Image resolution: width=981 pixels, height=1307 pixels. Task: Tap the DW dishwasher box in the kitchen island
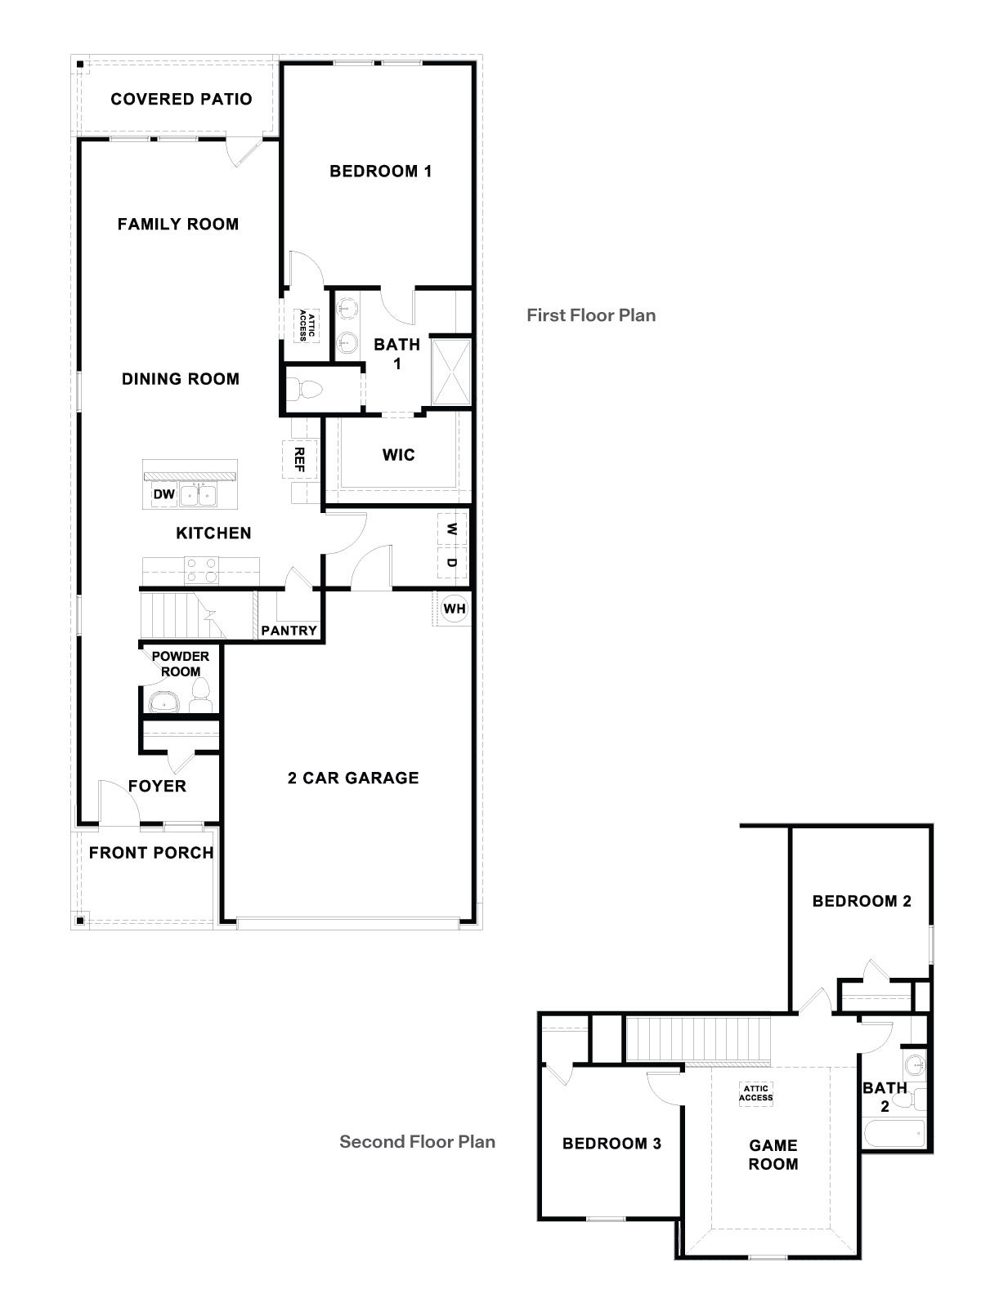[x=164, y=494]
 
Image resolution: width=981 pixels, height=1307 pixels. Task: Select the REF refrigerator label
[x=299, y=460]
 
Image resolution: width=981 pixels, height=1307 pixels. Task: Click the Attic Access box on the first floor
[x=307, y=324]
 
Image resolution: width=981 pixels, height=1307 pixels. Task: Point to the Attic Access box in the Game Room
[x=755, y=1093]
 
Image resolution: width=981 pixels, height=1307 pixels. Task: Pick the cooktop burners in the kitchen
[x=201, y=569]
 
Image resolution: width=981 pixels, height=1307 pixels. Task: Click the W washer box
[x=452, y=529]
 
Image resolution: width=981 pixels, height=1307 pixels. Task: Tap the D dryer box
[x=452, y=564]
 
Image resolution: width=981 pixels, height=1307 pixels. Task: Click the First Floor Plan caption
[x=591, y=315]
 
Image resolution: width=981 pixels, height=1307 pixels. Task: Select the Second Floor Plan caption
[x=417, y=1141]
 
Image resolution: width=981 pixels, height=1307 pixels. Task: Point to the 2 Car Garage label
[x=353, y=778]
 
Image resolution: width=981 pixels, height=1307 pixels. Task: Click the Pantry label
[x=289, y=631]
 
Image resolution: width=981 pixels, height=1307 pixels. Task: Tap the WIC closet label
[x=398, y=455]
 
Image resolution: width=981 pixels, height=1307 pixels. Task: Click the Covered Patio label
[x=181, y=99]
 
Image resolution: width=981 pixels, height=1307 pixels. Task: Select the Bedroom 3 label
[x=611, y=1144]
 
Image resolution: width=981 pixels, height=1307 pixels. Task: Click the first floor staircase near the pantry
[x=180, y=617]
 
